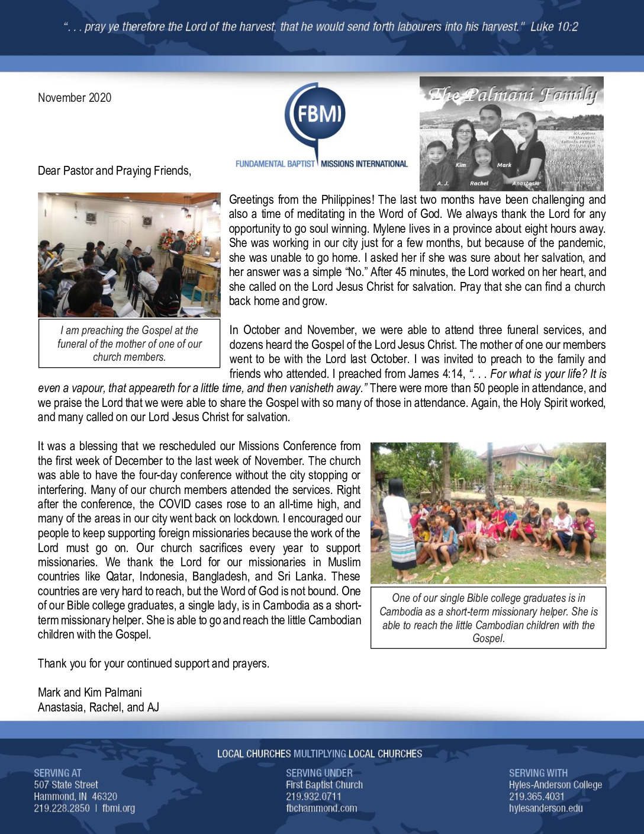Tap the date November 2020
(75, 98)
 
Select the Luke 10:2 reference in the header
(554, 27)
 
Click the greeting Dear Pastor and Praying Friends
(114, 171)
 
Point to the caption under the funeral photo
(130, 344)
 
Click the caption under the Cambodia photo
(488, 618)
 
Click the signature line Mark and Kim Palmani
(90, 692)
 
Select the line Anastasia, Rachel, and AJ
(98, 707)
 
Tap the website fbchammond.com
(321, 808)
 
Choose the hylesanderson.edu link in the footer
(546, 808)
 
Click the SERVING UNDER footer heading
(319, 773)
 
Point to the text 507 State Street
(66, 785)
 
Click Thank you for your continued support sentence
(153, 663)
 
